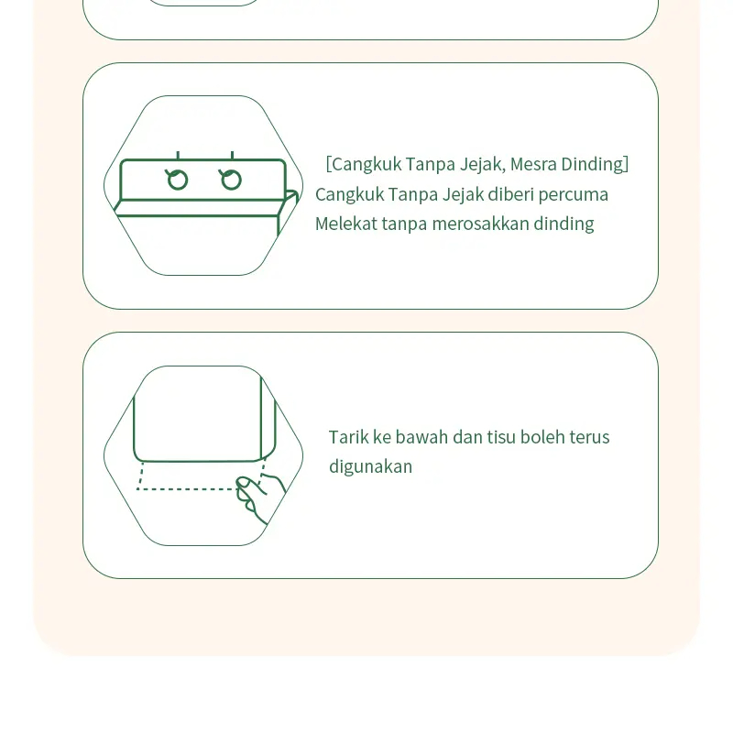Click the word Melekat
pyautogui.click(x=346, y=224)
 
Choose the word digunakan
pyautogui.click(x=371, y=467)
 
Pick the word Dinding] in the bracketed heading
pyautogui.click(x=595, y=165)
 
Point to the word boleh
pyautogui.click(x=542, y=437)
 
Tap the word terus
pyautogui.click(x=589, y=438)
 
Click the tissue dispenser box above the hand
pyautogui.click(x=204, y=419)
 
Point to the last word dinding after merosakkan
pyautogui.click(x=563, y=224)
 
